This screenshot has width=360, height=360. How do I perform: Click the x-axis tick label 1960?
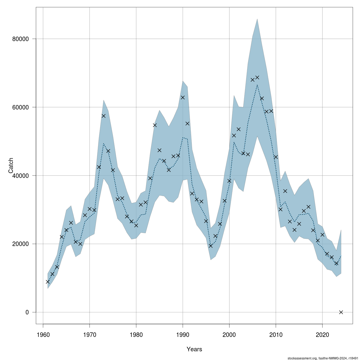click(x=43, y=334)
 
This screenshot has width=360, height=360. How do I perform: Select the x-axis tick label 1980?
click(x=136, y=334)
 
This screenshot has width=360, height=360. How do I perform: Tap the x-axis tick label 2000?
click(x=229, y=334)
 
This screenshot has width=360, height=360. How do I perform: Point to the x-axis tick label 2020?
click(x=322, y=334)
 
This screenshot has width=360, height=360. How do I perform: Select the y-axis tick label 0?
click(x=27, y=312)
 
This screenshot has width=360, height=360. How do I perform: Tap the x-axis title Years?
click(x=194, y=349)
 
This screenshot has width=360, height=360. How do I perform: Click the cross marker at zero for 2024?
click(x=341, y=312)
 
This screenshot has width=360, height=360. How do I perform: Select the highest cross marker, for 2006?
click(x=257, y=77)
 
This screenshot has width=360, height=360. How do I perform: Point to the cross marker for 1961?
click(x=48, y=282)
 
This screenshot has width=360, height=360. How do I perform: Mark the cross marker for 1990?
click(x=183, y=97)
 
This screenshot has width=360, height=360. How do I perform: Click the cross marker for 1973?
click(x=103, y=116)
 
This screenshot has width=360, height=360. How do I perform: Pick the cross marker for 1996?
click(x=211, y=246)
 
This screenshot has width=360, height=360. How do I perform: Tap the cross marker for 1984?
click(x=155, y=125)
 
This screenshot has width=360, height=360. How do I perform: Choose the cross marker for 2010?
click(x=276, y=157)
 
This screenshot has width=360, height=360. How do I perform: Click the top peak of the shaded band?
click(x=257, y=19)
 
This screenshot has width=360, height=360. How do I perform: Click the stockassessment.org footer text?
click(x=322, y=358)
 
